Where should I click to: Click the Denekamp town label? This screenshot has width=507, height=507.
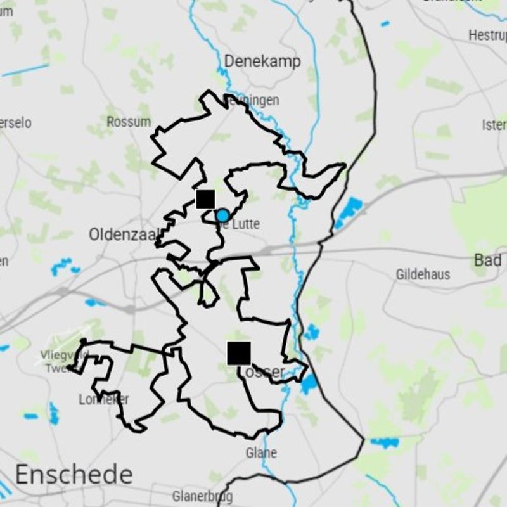262,61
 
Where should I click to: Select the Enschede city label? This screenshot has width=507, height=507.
74,474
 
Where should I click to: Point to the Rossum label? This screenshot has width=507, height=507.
129,122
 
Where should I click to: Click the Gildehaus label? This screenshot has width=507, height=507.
423,274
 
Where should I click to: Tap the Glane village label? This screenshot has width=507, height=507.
261,452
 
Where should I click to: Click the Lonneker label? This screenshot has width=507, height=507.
104,399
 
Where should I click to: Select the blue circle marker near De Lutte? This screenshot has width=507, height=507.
222,216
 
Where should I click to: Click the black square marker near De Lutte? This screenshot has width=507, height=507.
205,198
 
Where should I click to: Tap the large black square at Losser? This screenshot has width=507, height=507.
239,353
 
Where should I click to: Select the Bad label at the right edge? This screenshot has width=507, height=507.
488,260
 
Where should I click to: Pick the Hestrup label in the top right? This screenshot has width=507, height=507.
487,35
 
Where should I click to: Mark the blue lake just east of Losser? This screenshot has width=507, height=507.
309,383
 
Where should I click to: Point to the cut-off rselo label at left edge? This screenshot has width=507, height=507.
15,122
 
